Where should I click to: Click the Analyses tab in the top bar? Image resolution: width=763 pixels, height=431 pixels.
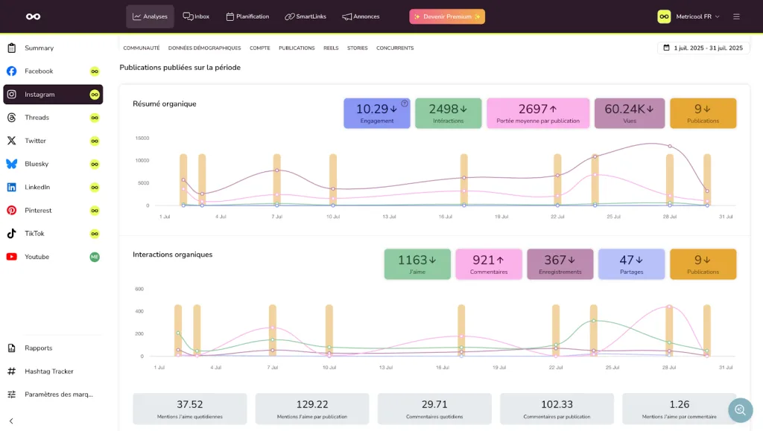point(150,16)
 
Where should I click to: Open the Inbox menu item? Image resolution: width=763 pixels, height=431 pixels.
point(196,16)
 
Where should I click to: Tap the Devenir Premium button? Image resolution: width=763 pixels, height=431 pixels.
point(447,16)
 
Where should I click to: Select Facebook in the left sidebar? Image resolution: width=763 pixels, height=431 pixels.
point(39,71)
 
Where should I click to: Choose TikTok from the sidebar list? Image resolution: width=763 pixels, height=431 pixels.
point(34,234)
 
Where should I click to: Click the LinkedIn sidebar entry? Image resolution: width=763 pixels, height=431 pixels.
point(37,188)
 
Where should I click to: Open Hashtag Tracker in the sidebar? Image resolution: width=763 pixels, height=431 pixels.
point(48,371)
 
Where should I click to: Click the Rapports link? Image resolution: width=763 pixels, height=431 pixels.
point(38,348)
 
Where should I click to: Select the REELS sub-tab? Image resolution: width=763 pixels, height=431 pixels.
point(331,48)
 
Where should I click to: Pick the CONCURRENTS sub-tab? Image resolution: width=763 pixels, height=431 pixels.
point(395,48)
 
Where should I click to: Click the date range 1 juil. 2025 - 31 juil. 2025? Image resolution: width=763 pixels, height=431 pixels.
point(703,48)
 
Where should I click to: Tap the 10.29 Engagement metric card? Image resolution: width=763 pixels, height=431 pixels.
point(376,113)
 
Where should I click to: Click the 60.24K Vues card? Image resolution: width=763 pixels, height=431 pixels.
point(629,113)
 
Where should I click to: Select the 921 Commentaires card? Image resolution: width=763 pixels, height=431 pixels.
point(489,264)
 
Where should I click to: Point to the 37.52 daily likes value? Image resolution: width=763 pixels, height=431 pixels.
point(190,405)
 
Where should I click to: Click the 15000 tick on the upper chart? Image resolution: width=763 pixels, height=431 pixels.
point(142,138)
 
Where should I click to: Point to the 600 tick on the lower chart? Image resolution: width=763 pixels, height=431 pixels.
point(139,289)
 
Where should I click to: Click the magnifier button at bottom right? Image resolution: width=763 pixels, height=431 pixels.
point(741,409)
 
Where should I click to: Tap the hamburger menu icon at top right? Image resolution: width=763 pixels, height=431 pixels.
point(736,16)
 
